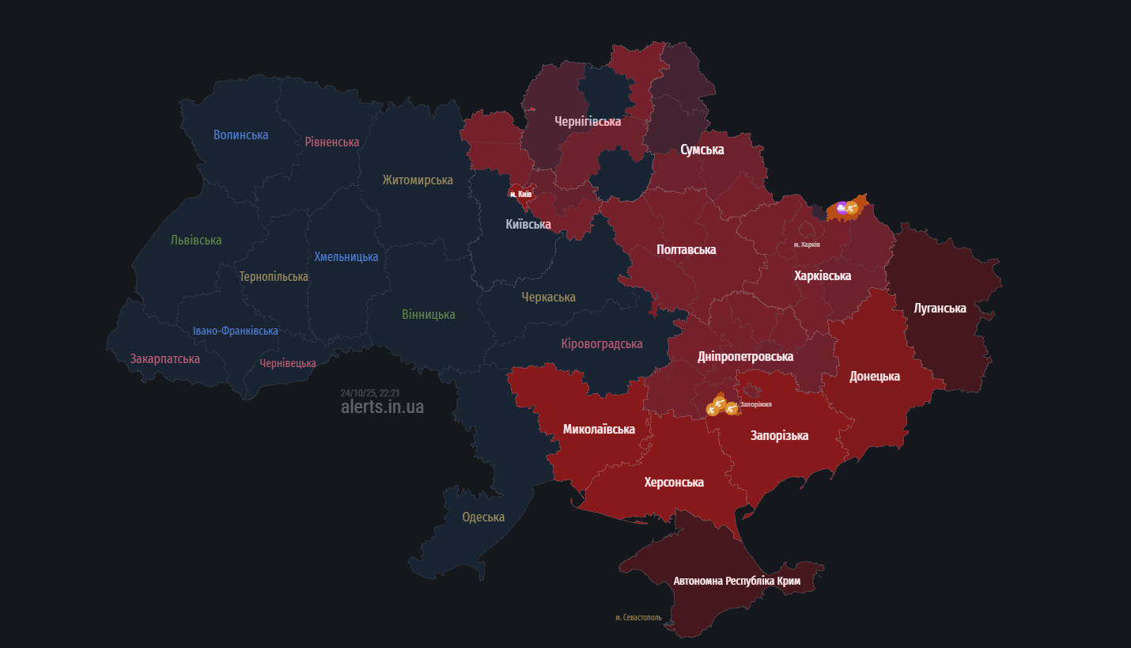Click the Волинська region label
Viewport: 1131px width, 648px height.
tap(240, 135)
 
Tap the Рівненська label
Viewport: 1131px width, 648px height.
tap(331, 142)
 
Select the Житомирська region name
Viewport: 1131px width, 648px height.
tap(417, 180)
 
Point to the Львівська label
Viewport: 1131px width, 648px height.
tap(196, 240)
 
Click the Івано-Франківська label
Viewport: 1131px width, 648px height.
tap(235, 331)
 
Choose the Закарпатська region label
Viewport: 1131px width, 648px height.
tap(165, 358)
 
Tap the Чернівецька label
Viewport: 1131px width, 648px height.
tap(288, 363)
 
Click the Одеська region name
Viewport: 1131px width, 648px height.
tap(483, 517)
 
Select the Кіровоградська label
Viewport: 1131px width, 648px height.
tap(601, 343)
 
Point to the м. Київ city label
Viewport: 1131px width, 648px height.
tap(520, 194)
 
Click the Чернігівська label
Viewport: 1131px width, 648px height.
tap(588, 121)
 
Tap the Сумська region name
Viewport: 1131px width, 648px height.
tap(702, 149)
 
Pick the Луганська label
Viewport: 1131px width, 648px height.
tap(940, 308)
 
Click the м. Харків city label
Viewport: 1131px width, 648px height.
tap(807, 244)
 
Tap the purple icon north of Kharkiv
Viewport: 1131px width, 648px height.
tap(842, 208)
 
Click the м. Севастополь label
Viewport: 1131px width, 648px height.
tap(638, 617)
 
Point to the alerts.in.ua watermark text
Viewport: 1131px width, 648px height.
tap(382, 407)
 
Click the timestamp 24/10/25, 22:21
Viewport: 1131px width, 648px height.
tap(369, 392)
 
